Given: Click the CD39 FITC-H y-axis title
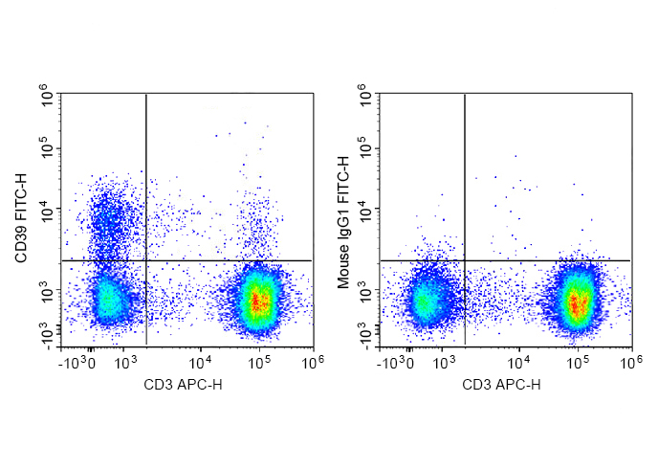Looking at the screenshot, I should tap(21, 219).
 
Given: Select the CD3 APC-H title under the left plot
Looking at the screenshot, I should tap(183, 385).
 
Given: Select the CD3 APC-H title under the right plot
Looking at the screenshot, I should tap(501, 385).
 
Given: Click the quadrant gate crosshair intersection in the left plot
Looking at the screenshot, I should tap(145, 259).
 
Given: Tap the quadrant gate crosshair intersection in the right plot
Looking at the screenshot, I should tap(465, 259).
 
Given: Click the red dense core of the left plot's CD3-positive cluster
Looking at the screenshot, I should tap(257, 301).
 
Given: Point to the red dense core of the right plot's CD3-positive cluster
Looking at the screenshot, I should tap(576, 303).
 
